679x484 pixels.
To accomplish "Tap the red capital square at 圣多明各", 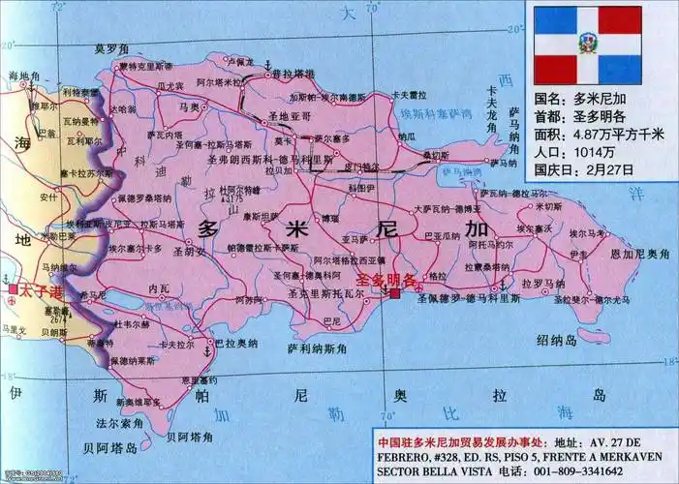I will [394, 293].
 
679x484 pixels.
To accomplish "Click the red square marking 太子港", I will [12, 289].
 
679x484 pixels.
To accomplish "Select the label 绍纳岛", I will [556, 339].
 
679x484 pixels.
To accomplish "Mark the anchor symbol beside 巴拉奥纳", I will [205, 351].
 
